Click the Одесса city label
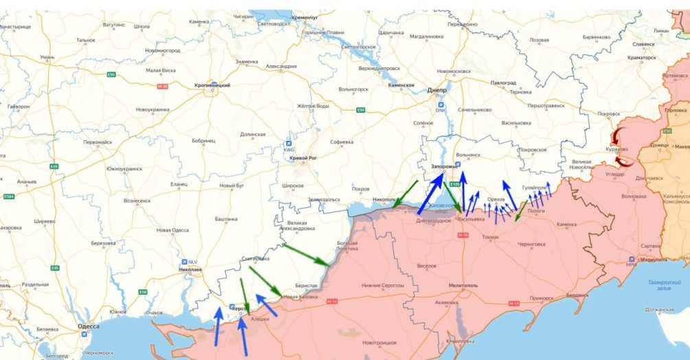pyautogui.click(x=88, y=326)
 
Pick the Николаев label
pyautogui.click(x=189, y=270)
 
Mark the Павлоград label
pyautogui.click(x=503, y=82)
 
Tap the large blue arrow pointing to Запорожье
pyautogui.click(x=430, y=194)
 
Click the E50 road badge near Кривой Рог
pyautogui.click(x=360, y=111)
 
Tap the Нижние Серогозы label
pyautogui.click(x=378, y=285)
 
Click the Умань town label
pyautogui.click(x=47, y=57)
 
